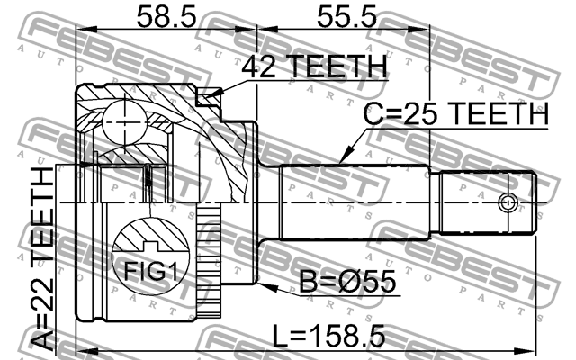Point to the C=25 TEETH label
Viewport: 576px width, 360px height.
[455, 114]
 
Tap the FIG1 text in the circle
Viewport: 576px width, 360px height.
[145, 270]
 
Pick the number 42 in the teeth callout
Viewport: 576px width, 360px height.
[261, 67]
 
